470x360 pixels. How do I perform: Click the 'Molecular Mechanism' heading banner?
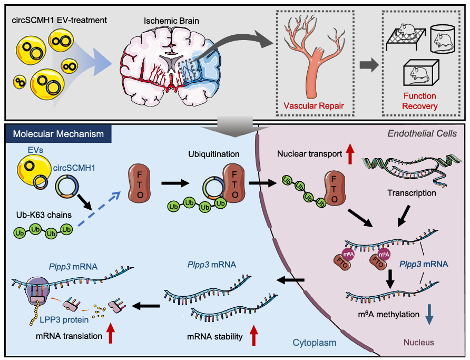58,134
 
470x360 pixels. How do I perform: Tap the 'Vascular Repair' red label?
314,106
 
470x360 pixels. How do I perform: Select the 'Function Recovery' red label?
419,101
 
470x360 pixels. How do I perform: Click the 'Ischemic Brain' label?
171,21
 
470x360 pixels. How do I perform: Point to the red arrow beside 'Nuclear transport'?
350,153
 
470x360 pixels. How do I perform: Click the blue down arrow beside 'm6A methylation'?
429,315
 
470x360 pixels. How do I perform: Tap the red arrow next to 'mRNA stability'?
253,335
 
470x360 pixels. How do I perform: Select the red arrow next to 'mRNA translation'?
110,333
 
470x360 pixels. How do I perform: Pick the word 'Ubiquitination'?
214,154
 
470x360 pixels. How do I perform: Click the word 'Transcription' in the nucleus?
412,193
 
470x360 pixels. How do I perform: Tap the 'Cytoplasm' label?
315,343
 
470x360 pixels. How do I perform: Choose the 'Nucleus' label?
419,342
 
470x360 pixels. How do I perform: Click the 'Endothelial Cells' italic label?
422,133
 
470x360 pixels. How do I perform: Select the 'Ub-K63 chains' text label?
44,215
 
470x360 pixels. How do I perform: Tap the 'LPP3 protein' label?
64,320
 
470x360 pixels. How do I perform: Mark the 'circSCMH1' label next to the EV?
74,168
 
